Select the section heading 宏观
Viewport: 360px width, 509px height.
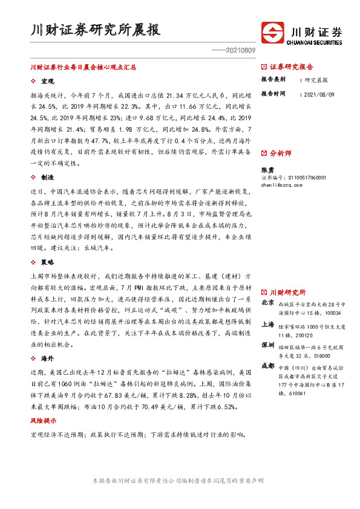tap(47, 81)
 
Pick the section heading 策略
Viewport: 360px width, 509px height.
tap(47, 262)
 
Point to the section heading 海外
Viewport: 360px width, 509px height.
tap(47, 358)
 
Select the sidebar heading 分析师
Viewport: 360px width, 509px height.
tap(280, 154)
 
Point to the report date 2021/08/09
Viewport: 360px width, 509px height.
tap(319, 94)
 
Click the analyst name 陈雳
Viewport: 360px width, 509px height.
tap(267, 170)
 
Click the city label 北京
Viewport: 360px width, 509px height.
tap(267, 302)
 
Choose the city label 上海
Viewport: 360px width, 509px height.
tap(267, 324)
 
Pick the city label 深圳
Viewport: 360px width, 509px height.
tap(267, 345)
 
